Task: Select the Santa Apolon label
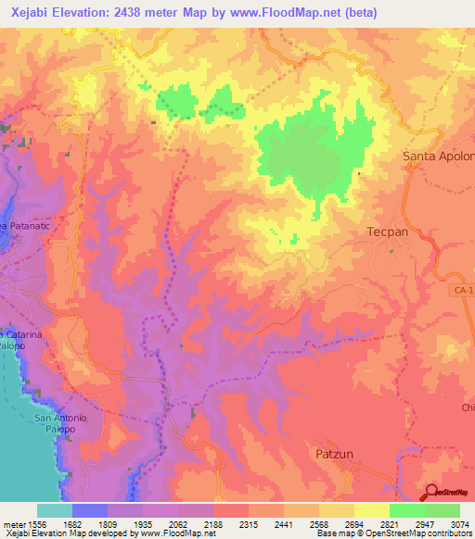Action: [438, 157]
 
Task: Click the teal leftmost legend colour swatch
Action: [55, 510]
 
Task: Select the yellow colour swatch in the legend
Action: [371, 510]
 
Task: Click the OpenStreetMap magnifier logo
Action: [432, 492]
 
